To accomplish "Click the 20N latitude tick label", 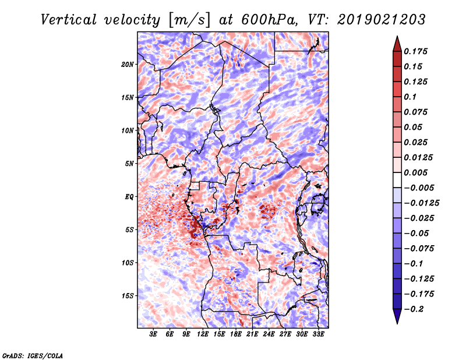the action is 128,65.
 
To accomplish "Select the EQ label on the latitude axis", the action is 129,197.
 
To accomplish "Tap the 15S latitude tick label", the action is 128,296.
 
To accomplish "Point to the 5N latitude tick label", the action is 129,164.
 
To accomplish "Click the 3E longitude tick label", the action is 153,334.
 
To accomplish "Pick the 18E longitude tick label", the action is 236,334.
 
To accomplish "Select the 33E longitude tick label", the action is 318,334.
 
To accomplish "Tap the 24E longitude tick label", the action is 269,334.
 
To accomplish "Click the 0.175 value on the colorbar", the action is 415,51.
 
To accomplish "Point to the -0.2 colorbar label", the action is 414,309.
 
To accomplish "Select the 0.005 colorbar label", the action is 415,172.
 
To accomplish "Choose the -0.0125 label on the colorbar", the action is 421,203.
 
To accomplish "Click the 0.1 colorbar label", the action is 410,97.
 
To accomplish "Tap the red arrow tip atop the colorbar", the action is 397,36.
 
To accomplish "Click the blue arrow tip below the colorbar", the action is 397,323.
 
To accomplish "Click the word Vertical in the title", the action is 69,20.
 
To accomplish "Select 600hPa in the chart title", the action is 269,20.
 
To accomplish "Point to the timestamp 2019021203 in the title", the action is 382,20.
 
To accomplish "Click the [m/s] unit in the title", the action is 189,20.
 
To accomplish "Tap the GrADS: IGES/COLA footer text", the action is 33,355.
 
